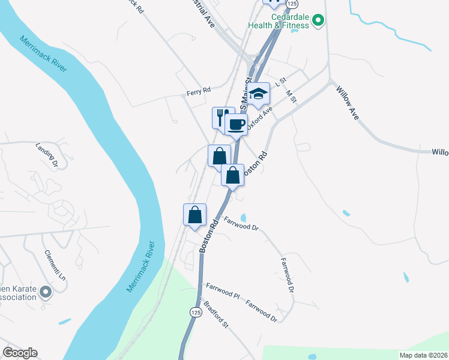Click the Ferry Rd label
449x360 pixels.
199,91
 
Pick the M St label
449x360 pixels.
292,95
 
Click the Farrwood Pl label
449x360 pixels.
223,292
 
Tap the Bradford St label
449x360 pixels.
216,314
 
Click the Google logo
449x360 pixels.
20,353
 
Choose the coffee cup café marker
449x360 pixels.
236,124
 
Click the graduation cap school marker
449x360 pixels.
259,93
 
